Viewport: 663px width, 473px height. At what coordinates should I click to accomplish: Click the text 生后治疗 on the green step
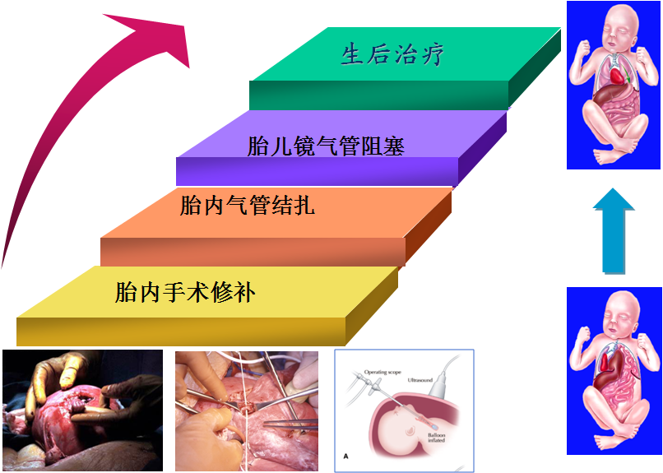[393, 55]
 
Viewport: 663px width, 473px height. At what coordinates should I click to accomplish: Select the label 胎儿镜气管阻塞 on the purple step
[326, 146]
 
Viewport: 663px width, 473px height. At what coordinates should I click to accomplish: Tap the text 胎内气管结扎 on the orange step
[247, 205]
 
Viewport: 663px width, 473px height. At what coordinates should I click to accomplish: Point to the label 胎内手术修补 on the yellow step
[186, 292]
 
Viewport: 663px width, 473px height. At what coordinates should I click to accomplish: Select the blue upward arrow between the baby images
[614, 230]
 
